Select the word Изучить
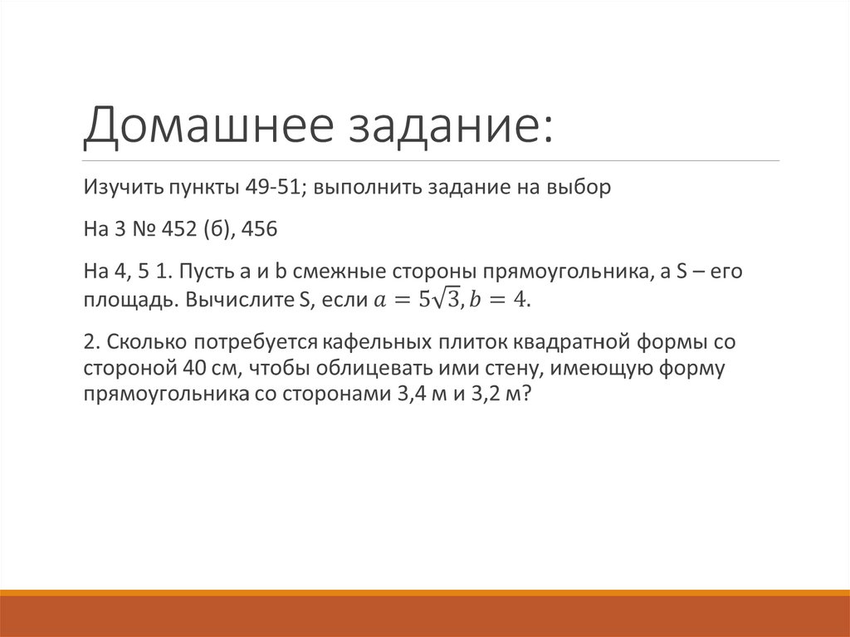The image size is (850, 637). click(x=120, y=188)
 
